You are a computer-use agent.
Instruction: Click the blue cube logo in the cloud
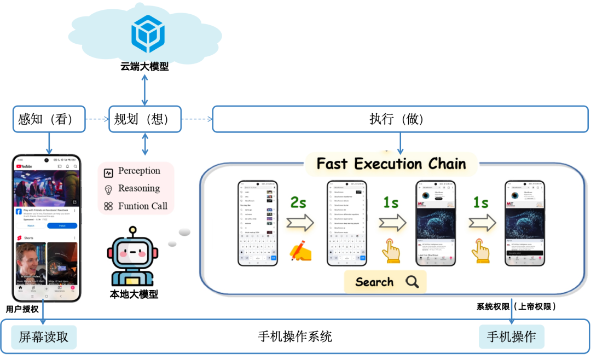click(x=148, y=34)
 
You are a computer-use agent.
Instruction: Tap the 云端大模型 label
click(x=144, y=67)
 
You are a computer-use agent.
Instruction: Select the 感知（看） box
click(x=49, y=119)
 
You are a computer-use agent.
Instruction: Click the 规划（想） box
click(x=144, y=119)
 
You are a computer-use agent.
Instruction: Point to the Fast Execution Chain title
click(x=391, y=164)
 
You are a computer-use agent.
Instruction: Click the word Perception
click(x=139, y=171)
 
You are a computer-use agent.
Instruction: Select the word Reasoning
click(x=139, y=188)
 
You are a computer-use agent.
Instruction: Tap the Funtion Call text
click(x=142, y=206)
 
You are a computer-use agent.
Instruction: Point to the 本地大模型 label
click(x=134, y=294)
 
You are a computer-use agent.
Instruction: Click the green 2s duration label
click(x=298, y=202)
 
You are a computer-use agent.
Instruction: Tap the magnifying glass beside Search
click(x=412, y=282)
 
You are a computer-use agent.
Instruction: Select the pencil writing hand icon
click(x=300, y=251)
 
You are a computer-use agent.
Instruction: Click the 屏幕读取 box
click(x=44, y=337)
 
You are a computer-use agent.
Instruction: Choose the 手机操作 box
click(x=511, y=337)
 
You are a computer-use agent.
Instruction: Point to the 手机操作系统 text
click(x=295, y=336)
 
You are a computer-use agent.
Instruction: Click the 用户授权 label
click(x=22, y=309)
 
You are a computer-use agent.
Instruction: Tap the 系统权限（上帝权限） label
click(x=516, y=307)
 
